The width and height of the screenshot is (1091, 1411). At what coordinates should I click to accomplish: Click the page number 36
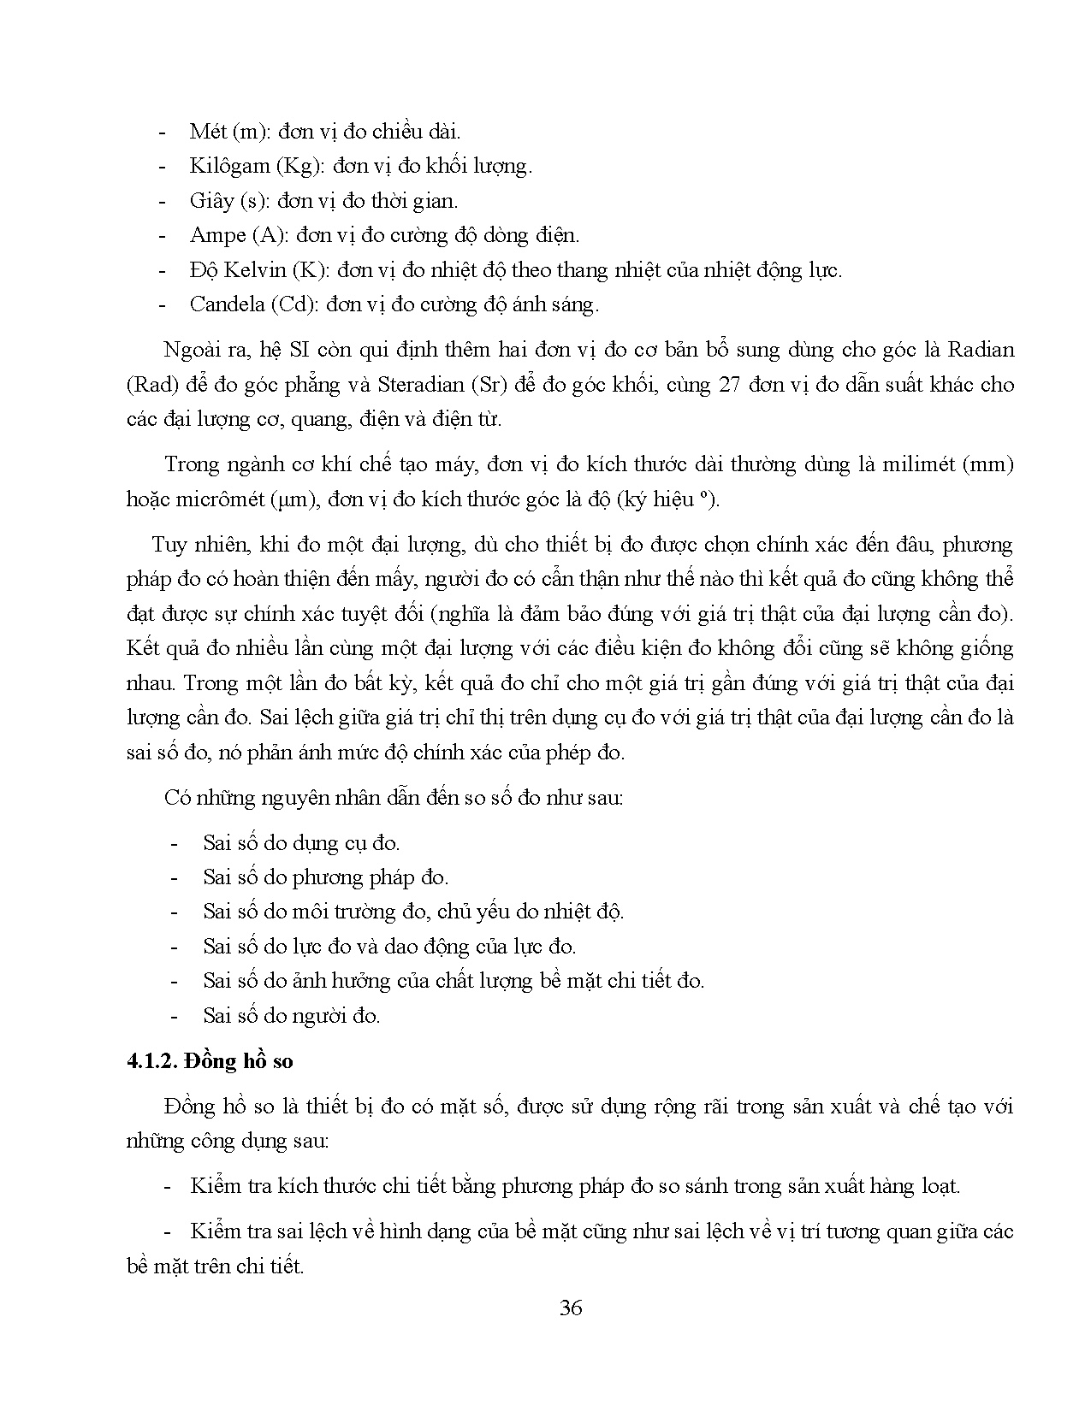point(571,1308)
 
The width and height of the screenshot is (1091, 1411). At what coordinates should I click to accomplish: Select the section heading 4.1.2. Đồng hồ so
point(210,1061)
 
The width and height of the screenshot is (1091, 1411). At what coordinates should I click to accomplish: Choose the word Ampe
point(217,235)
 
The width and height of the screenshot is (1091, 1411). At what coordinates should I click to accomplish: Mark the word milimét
point(917,464)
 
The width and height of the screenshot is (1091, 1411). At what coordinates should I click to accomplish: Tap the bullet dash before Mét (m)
point(163,132)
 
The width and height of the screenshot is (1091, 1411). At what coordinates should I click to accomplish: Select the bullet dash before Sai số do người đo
point(175,1016)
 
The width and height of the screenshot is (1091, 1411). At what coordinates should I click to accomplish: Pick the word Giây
point(211,201)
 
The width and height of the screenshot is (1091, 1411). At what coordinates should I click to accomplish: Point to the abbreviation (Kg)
point(298,166)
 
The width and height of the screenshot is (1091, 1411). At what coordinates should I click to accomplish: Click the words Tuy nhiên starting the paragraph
point(189,544)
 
